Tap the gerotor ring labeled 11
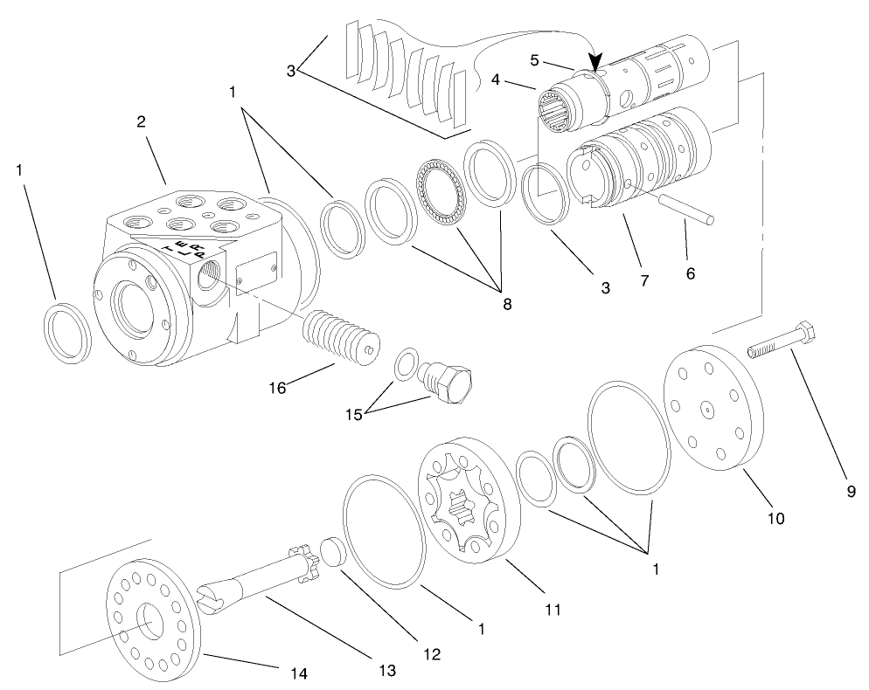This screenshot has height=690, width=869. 469,499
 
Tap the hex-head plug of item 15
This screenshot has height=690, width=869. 451,383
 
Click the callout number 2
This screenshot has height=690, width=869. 142,121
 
